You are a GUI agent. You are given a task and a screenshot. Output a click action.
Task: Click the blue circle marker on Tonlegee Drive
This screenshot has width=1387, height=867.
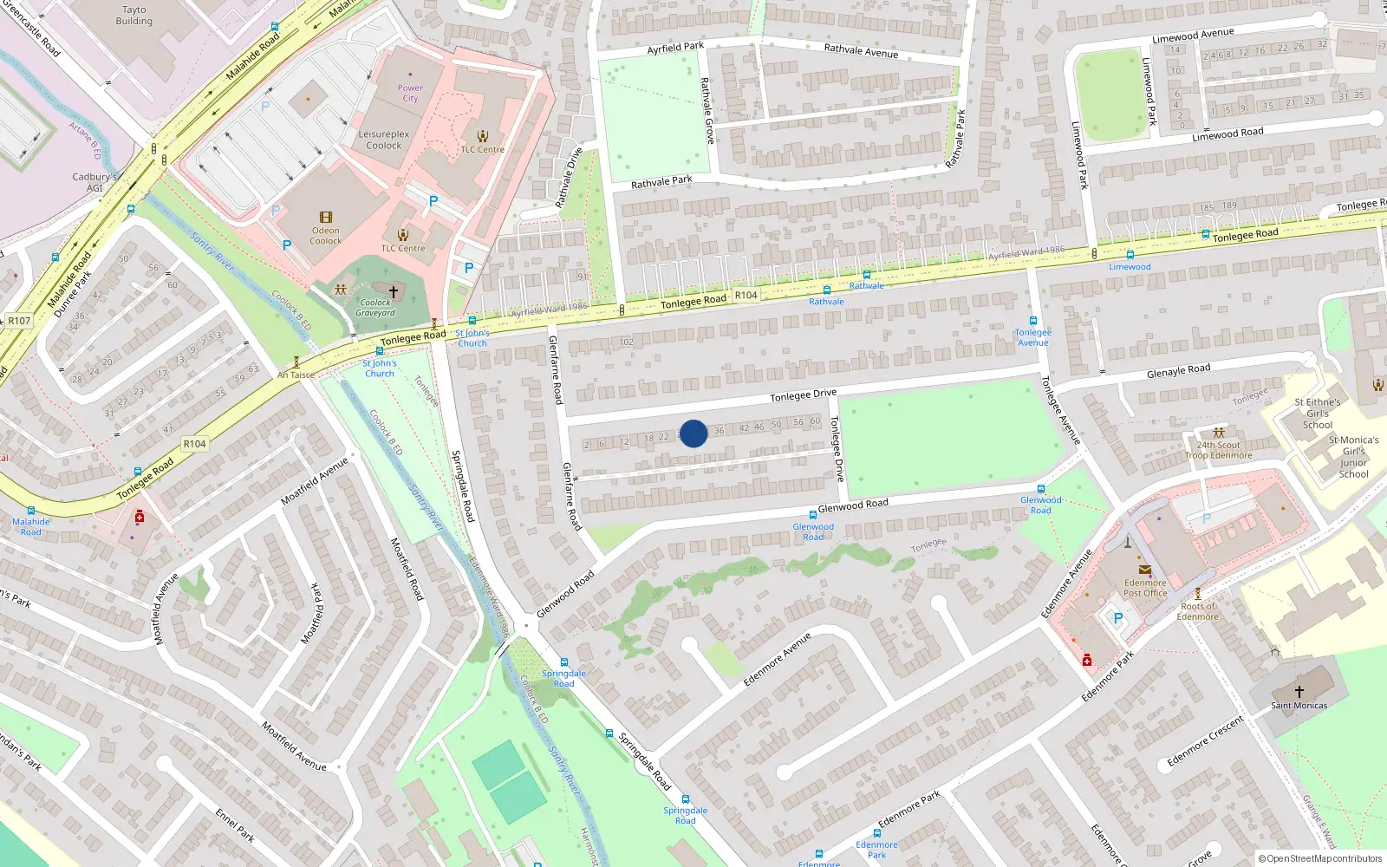693,433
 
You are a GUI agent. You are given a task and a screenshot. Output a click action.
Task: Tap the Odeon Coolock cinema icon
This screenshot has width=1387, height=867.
326,218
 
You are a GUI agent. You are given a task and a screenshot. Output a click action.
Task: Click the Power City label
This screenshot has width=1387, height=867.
410,93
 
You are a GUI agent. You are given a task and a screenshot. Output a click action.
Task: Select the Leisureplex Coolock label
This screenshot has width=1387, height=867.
384,140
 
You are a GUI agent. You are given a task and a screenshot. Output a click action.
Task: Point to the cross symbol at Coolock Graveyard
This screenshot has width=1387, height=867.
393,291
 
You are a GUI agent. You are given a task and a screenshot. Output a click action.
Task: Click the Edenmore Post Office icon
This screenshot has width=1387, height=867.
1145,570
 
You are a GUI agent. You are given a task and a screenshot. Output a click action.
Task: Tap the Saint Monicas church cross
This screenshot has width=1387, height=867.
1299,691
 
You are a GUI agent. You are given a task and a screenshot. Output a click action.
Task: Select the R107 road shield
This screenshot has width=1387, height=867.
19,321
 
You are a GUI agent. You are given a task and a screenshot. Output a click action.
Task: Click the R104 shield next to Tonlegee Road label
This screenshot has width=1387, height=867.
746,295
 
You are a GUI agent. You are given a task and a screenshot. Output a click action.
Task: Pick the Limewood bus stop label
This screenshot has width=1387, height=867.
1130,267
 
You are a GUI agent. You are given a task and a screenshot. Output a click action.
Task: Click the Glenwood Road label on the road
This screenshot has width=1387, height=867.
853,505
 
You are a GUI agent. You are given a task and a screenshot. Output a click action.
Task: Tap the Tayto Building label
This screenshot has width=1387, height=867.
134,16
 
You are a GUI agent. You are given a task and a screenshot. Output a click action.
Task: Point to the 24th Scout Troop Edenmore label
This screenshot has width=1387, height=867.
1218,450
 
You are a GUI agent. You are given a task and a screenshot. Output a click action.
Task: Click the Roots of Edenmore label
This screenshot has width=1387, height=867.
1197,611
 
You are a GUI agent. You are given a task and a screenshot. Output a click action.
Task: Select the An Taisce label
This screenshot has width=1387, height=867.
296,375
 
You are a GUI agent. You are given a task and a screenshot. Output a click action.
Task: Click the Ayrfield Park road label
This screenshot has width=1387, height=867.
675,48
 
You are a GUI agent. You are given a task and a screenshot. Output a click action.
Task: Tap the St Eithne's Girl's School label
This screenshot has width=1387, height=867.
1318,414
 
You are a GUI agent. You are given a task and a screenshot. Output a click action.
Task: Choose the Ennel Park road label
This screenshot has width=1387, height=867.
235,825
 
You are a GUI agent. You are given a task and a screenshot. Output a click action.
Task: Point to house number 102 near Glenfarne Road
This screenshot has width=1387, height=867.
626,342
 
